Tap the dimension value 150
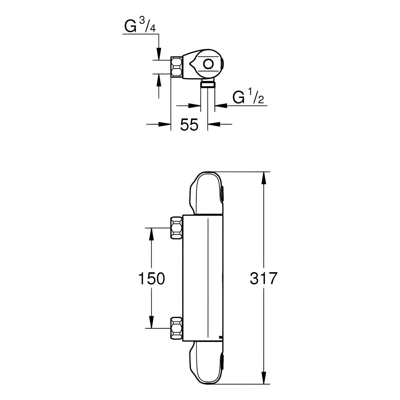[151, 278]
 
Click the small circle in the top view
[208, 64]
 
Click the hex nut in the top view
[177, 67]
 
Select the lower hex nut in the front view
[177, 328]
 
